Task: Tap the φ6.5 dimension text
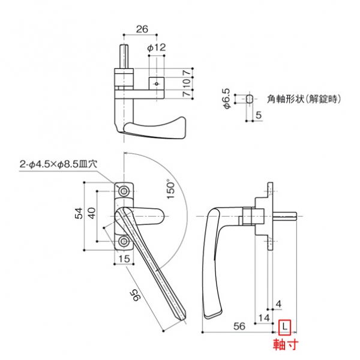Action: point(227,98)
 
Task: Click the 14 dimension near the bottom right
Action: point(263,316)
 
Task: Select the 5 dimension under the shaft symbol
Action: point(259,115)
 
